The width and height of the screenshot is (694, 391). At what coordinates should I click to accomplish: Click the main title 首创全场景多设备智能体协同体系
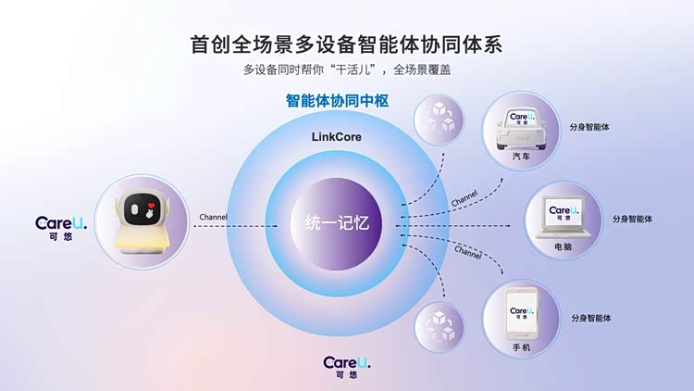click(346, 44)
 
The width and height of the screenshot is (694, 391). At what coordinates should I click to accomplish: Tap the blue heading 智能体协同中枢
click(347, 103)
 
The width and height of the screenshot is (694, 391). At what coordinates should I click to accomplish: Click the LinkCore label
click(336, 136)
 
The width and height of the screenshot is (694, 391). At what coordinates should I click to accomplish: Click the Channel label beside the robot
click(215, 217)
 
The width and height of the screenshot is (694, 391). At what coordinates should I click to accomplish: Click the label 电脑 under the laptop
click(563, 247)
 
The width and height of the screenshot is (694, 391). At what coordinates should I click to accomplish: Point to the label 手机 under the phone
click(522, 347)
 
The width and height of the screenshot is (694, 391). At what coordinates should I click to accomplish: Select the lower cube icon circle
click(439, 325)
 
